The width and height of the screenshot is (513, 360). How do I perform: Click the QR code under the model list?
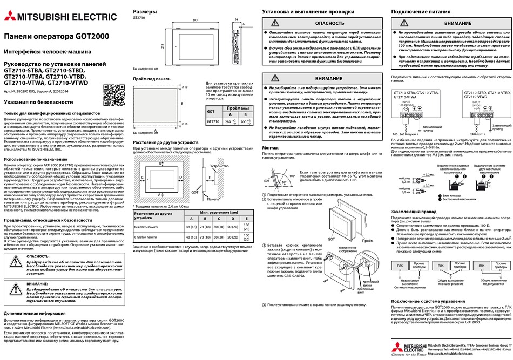coord(114,95)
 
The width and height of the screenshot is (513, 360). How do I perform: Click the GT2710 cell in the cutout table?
coord(213,122)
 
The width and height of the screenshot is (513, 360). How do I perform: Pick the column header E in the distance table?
coord(246,218)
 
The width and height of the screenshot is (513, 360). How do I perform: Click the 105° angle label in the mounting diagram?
coord(293,176)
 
